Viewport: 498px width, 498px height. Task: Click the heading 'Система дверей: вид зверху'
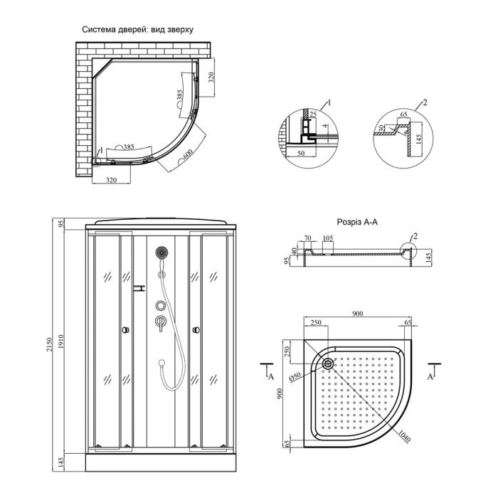(137, 30)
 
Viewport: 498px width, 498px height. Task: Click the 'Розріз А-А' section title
(357, 222)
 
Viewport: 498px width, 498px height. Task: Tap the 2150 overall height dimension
(49, 344)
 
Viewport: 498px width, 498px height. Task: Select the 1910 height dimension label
(61, 341)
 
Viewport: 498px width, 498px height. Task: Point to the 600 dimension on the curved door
(188, 154)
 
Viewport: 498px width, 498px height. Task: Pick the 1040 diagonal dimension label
(404, 435)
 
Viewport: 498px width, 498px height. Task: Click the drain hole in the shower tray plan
(328, 363)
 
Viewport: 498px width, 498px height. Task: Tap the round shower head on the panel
(162, 253)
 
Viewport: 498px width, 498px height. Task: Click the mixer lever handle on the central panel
(161, 322)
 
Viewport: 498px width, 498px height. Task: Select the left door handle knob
(125, 330)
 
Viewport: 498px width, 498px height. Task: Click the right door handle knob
(196, 330)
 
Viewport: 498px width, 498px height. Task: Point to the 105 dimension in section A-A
(328, 238)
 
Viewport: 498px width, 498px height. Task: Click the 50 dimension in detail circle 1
(301, 153)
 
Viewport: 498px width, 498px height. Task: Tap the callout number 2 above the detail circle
(425, 102)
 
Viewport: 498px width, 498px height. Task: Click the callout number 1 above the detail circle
(329, 102)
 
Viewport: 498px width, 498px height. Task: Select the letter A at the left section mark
(271, 376)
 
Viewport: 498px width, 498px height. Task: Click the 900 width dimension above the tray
(357, 314)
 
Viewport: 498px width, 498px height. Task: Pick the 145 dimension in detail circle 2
(418, 139)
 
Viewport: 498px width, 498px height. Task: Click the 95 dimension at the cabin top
(62, 223)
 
